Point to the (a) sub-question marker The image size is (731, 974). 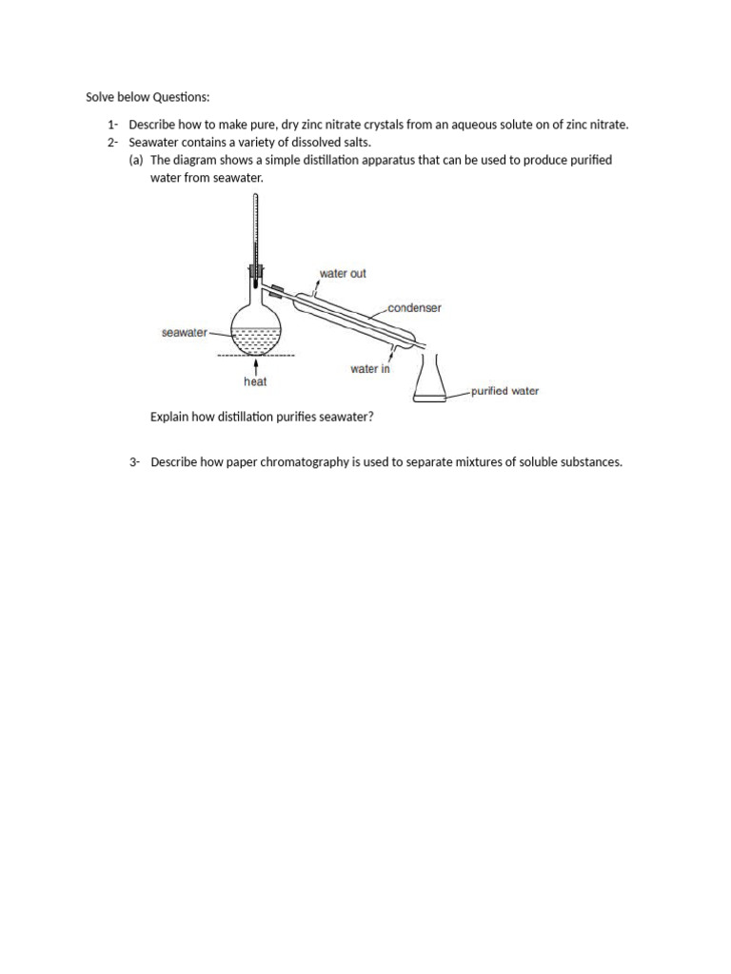pyautogui.click(x=137, y=160)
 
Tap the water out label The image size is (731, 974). pyautogui.click(x=343, y=274)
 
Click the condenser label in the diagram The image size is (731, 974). pyautogui.click(x=414, y=308)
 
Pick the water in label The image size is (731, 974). pyautogui.click(x=370, y=369)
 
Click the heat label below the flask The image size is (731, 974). pyautogui.click(x=255, y=382)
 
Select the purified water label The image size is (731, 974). pyautogui.click(x=504, y=391)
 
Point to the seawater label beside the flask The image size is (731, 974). pyautogui.click(x=184, y=333)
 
